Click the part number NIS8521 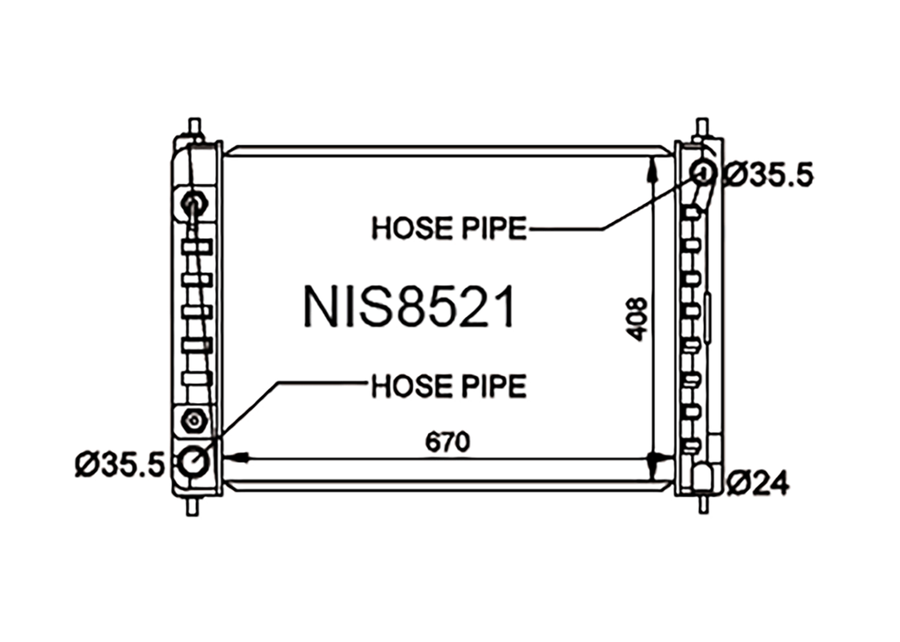coord(409,307)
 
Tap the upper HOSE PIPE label coord(449,228)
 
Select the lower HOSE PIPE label coord(449,386)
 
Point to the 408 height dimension coord(637,320)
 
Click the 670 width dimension coord(447,442)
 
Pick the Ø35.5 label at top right coord(768,175)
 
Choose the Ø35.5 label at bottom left coord(120,464)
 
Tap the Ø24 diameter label coord(758,483)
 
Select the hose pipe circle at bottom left coord(193,461)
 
